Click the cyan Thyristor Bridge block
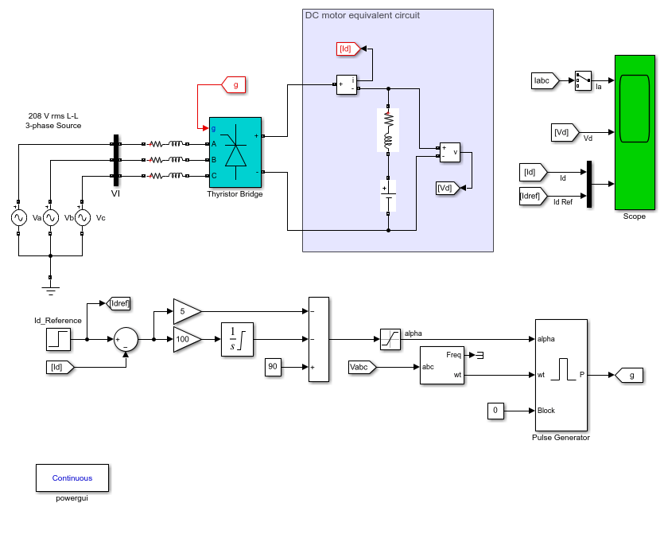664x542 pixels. (x=235, y=152)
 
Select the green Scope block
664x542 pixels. (x=635, y=132)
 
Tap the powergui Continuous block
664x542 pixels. (x=72, y=478)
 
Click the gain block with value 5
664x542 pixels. (x=187, y=311)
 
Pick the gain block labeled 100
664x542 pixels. (x=187, y=339)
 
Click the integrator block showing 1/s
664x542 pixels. (x=237, y=339)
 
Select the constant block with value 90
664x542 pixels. (x=273, y=367)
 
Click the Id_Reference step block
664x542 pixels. (x=58, y=339)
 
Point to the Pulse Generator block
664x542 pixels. (x=561, y=375)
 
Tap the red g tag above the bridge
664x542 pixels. (x=234, y=84)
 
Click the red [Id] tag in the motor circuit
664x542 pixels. (x=348, y=49)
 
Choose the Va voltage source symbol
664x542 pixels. (x=18, y=218)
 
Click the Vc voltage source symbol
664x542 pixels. (x=83, y=218)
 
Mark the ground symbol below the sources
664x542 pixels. (x=50, y=290)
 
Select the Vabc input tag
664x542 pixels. (x=362, y=367)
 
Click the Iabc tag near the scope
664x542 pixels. (x=545, y=80)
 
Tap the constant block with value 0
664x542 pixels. (x=495, y=411)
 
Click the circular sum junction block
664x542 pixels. (x=126, y=339)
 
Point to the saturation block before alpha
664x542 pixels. (x=390, y=339)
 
